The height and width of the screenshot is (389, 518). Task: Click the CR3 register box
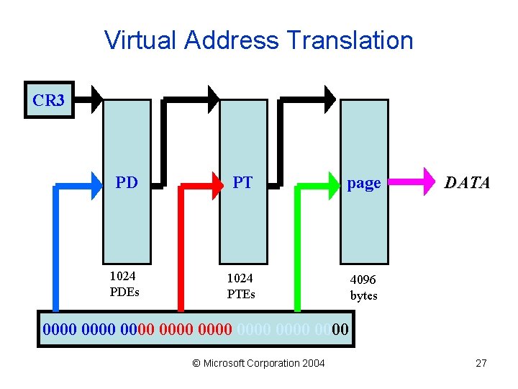coord(48,100)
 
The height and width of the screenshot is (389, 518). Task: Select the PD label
coord(127,182)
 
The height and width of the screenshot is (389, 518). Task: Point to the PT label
coord(242,182)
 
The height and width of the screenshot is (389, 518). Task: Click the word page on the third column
coord(363,183)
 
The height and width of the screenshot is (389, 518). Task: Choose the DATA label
coord(467,182)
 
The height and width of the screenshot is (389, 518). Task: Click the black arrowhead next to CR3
coord(97,99)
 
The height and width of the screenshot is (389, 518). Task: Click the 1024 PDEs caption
coord(124,284)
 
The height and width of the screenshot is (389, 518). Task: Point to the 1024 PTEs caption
coord(241,285)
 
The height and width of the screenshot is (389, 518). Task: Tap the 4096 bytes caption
coord(363,287)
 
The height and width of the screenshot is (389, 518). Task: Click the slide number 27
coord(481,363)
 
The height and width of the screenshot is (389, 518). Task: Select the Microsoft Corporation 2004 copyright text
coord(259,363)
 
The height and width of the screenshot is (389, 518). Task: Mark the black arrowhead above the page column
coord(330,98)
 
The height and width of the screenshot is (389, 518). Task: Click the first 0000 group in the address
coord(60,331)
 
